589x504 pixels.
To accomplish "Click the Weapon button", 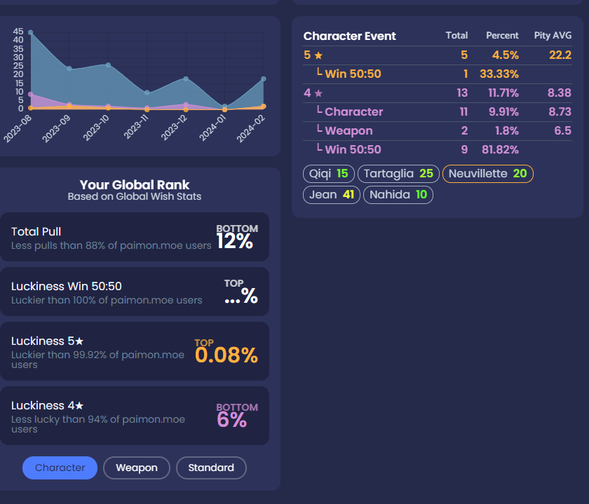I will tap(137, 468).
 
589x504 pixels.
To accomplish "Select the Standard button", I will tap(211, 468).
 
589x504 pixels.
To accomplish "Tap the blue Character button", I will tap(60, 468).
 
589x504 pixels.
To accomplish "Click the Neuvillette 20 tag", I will tap(488, 174).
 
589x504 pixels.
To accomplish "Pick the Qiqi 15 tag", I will tap(329, 174).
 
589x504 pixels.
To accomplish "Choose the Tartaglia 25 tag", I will tap(398, 174).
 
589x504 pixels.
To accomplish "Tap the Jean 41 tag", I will tap(332, 195).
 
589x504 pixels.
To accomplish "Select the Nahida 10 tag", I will tap(398, 195).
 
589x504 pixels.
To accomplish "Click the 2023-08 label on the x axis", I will tap(17, 130).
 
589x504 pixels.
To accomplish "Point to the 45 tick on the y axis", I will tap(18, 32).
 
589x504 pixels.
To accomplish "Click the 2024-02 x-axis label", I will tap(250, 130).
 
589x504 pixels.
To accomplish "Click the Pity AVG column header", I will tap(553, 36).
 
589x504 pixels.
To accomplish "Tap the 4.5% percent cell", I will tap(505, 55).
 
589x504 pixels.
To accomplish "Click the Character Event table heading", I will tap(350, 36).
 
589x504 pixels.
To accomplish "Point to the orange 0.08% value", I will tap(226, 355).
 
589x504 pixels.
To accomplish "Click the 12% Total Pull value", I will tap(234, 241).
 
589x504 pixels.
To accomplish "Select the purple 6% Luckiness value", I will tap(232, 420).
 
